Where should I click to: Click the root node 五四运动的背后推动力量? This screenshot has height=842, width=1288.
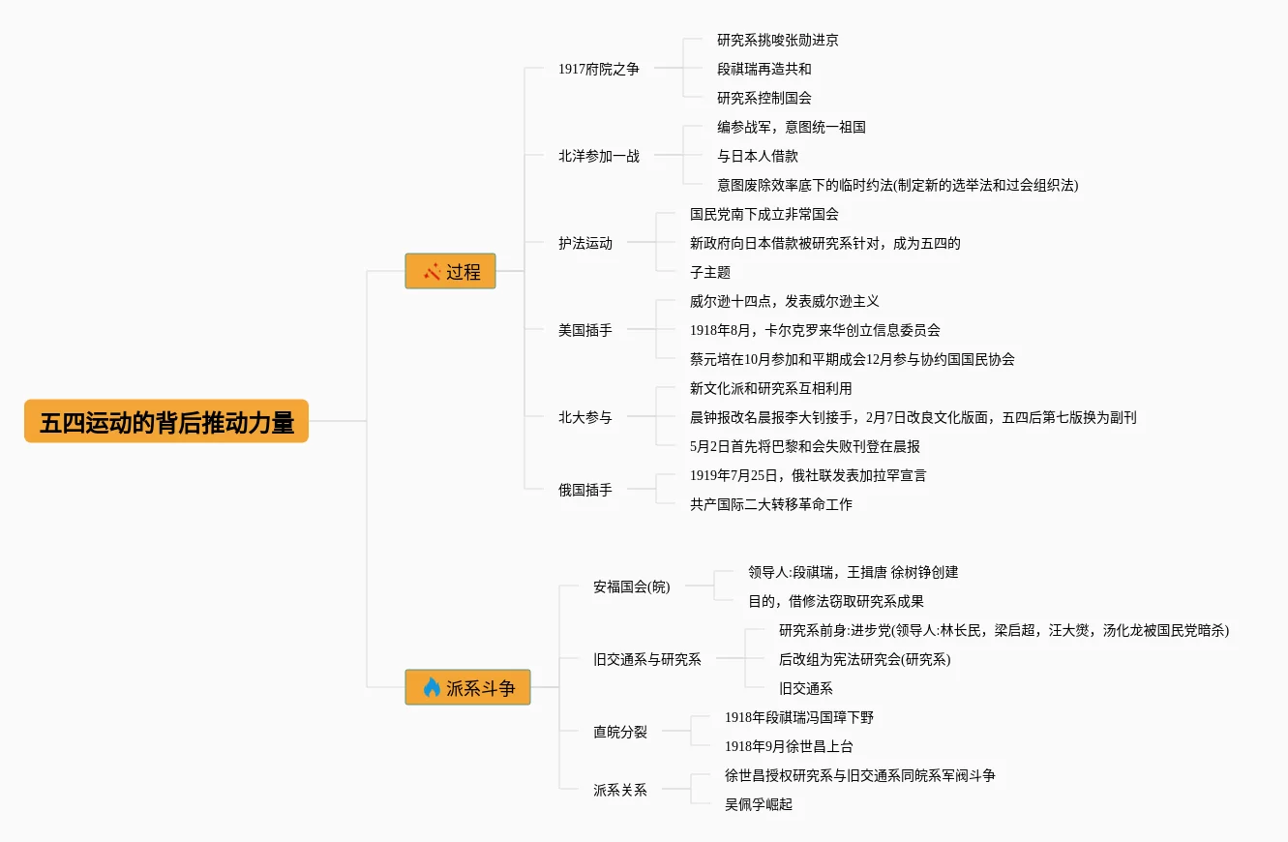pyautogui.click(x=166, y=422)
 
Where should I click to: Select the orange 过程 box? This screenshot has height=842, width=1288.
pyautogui.click(x=450, y=272)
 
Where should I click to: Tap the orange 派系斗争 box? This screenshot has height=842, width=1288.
pyautogui.click(x=467, y=688)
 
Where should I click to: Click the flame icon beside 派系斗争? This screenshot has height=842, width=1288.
pyautogui.click(x=432, y=688)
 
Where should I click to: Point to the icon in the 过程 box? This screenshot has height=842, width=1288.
pyautogui.click(x=432, y=272)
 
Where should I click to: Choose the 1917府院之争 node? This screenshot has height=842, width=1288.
pyautogui.click(x=598, y=69)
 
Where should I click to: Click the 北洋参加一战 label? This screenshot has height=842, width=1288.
pyautogui.click(x=598, y=156)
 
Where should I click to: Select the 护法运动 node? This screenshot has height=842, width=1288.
pyautogui.click(x=584, y=243)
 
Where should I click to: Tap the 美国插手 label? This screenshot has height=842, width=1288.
pyautogui.click(x=584, y=330)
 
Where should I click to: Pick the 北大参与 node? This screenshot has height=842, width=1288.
pyautogui.click(x=584, y=417)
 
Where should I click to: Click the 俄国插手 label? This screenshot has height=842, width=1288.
pyautogui.click(x=584, y=490)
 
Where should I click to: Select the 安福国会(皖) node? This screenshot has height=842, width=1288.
pyautogui.click(x=631, y=586)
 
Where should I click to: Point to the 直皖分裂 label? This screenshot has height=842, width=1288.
pyautogui.click(x=619, y=732)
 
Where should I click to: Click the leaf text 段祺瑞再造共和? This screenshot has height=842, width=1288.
pyautogui.click(x=764, y=69)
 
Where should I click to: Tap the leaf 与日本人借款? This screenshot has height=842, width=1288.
pyautogui.click(x=757, y=156)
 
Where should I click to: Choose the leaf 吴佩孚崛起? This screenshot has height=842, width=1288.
pyautogui.click(x=758, y=804)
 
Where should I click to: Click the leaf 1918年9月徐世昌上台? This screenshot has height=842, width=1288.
pyautogui.click(x=789, y=746)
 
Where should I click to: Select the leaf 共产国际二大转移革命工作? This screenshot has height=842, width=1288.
pyautogui.click(x=770, y=504)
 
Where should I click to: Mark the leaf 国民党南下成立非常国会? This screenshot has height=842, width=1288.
pyautogui.click(x=764, y=214)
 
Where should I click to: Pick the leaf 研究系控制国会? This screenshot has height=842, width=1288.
pyautogui.click(x=764, y=98)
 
